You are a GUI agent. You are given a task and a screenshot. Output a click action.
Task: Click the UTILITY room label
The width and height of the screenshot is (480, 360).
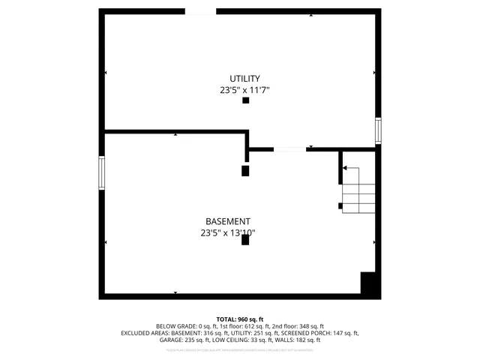(x=244, y=79)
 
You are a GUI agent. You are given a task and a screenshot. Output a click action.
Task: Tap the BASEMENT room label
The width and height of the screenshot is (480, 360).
(x=227, y=221)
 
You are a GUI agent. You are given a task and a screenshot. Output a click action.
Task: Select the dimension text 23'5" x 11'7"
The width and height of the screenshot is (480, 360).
(x=244, y=91)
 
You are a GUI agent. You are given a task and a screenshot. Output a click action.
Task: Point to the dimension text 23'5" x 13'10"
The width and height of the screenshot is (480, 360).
(x=227, y=233)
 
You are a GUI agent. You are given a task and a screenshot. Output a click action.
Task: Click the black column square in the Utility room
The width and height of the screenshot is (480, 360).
(x=245, y=100)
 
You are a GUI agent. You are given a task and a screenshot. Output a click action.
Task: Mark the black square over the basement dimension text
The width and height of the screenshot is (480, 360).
(x=245, y=240)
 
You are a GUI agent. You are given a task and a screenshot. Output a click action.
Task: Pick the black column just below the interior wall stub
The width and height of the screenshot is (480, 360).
(x=245, y=170)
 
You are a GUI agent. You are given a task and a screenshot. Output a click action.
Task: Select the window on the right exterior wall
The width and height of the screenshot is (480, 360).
(x=378, y=130)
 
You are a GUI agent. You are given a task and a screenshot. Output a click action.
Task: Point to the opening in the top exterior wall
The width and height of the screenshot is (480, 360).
(x=200, y=12)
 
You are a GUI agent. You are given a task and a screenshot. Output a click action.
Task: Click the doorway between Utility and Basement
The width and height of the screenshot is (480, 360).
(x=289, y=149)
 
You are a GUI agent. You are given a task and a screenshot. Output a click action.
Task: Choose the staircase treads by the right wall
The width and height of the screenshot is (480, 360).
(x=358, y=190)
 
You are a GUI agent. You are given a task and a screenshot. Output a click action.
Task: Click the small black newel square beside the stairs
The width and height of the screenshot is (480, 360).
(x=341, y=205)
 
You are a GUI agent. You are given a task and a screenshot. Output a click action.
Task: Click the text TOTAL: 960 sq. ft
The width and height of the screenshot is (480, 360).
(x=240, y=319)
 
